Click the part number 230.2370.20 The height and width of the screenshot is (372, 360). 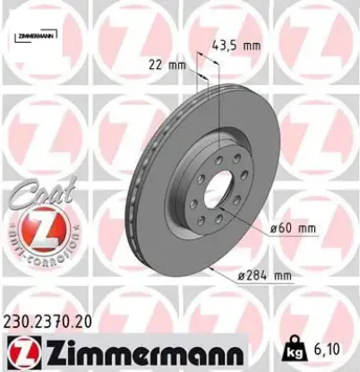47,319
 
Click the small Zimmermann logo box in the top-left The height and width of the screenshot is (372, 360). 35,35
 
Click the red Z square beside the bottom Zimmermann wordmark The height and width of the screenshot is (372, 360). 17,349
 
